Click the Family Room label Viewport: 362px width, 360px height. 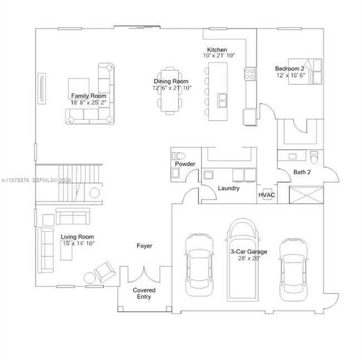[88, 96]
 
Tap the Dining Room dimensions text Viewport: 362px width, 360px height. [172, 88]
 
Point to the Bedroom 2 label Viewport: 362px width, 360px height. [290, 69]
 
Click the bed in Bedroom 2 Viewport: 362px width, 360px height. [312, 71]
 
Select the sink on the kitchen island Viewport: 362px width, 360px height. [222, 100]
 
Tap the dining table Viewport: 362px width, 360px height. [171, 90]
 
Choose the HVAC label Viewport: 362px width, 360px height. [267, 195]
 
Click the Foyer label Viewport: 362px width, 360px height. [144, 246]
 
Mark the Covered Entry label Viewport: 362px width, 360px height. [144, 294]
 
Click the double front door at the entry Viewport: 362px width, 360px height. [144, 274]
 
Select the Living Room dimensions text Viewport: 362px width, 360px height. [78, 243]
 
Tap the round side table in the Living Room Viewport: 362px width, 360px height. [90, 277]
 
